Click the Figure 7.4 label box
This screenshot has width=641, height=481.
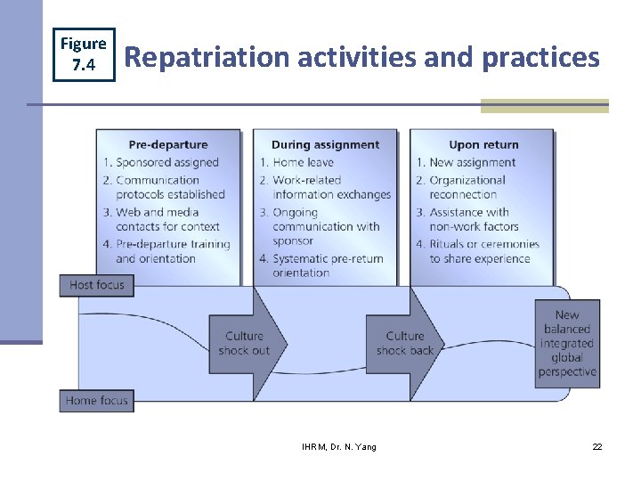[x=84, y=53]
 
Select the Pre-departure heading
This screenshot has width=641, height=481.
[x=168, y=144]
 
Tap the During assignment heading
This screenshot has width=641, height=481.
[x=325, y=144]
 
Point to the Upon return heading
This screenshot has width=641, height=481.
[x=483, y=144]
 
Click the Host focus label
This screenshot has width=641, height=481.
[x=97, y=285]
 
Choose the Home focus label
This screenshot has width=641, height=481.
[x=97, y=401]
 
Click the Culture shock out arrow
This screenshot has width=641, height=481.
[x=244, y=343]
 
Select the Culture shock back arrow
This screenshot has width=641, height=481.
[x=405, y=343]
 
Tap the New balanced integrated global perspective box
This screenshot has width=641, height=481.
[x=567, y=343]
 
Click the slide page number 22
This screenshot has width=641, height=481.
[x=597, y=446]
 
